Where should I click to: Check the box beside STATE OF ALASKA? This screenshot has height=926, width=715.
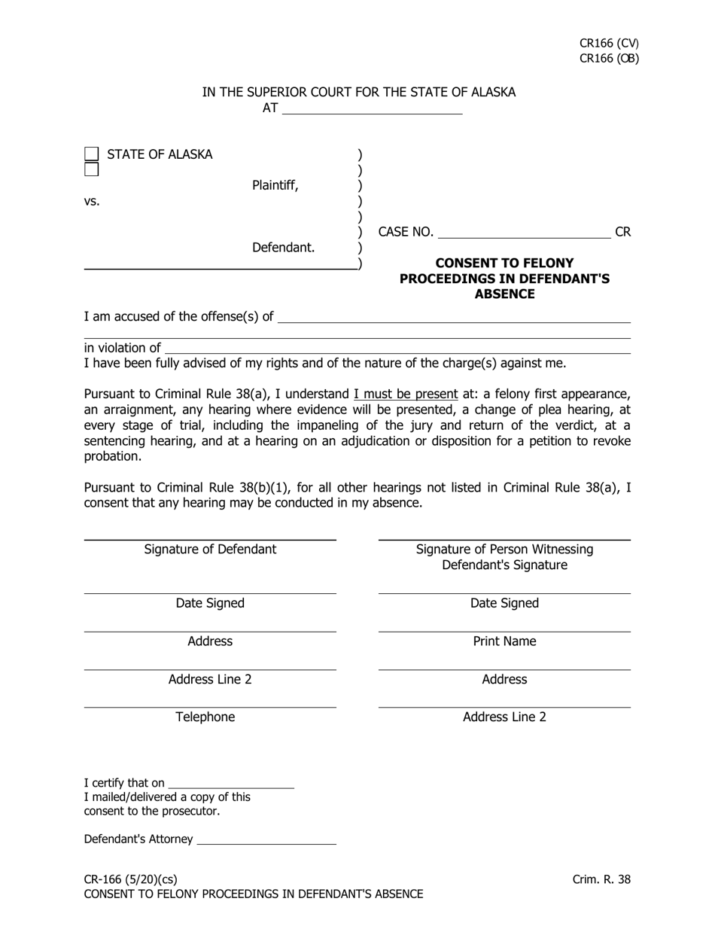point(91,154)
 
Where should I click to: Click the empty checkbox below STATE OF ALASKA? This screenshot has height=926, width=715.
point(91,169)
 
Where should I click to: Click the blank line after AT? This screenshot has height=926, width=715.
point(372,110)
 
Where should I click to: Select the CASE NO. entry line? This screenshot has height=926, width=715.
point(524,233)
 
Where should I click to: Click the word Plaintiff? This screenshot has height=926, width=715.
point(275,185)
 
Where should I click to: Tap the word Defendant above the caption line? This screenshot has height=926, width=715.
point(283,247)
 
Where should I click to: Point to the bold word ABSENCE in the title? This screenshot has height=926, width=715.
point(504,294)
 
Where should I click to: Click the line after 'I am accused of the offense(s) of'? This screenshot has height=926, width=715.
point(454,318)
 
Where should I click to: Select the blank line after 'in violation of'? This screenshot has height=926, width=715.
point(397,349)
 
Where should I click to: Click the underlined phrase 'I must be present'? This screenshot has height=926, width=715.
point(406,394)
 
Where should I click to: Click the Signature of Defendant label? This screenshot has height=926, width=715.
point(210,550)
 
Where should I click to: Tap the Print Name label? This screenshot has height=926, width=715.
point(504,641)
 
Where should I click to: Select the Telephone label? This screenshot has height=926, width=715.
point(205,717)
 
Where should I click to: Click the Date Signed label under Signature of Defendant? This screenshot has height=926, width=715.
point(210,604)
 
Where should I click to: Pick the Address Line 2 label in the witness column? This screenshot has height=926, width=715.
point(504,717)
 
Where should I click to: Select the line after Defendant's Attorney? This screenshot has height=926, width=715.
point(266,840)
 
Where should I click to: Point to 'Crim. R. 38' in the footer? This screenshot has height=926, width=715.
point(601,879)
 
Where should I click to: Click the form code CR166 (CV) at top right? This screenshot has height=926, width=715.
point(609,44)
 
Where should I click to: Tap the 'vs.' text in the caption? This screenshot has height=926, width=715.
point(92,202)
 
